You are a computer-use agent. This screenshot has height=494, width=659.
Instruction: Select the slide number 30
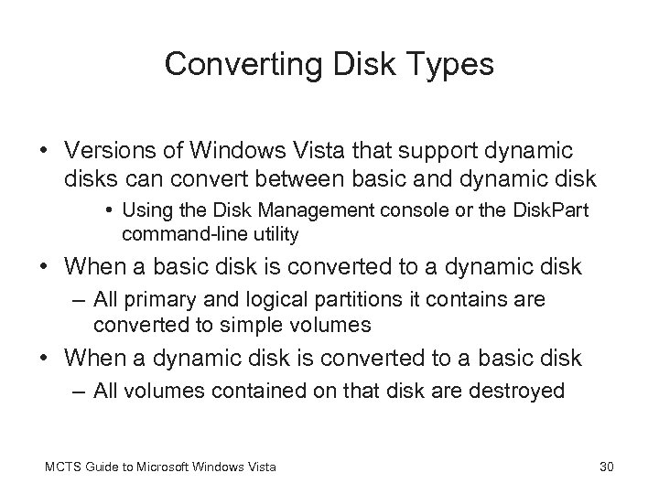(x=605, y=468)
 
